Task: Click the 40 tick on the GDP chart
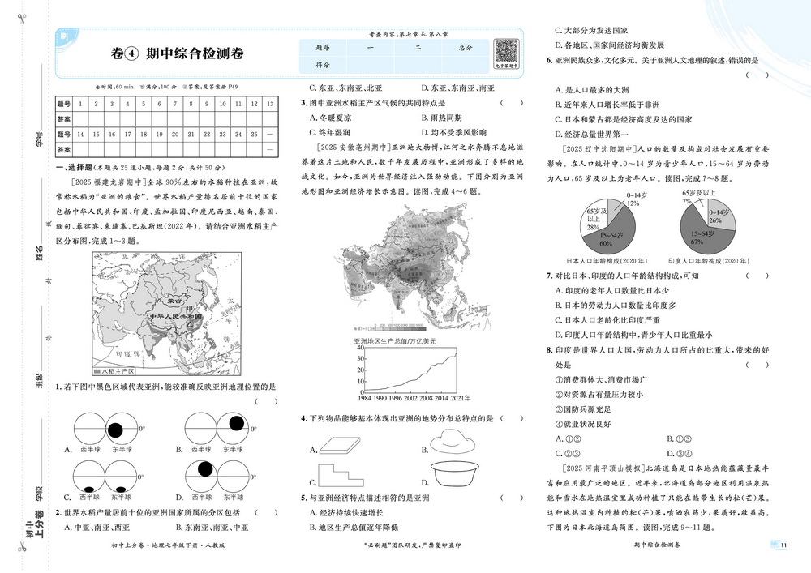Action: tap(358, 349)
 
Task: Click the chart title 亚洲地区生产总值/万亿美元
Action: tap(394, 341)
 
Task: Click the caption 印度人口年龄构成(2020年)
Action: tap(699, 262)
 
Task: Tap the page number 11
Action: tap(783, 545)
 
